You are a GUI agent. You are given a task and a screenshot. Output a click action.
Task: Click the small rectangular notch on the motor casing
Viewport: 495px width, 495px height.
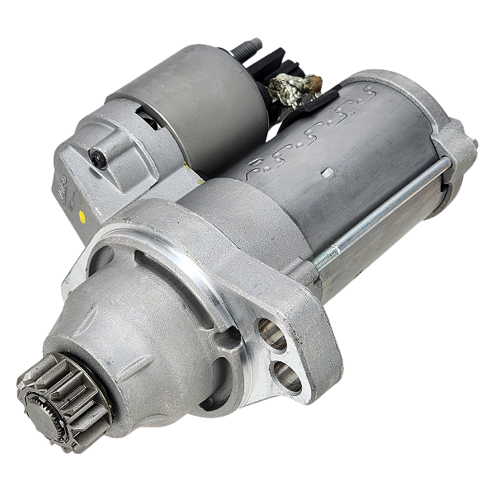pos(328,173)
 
